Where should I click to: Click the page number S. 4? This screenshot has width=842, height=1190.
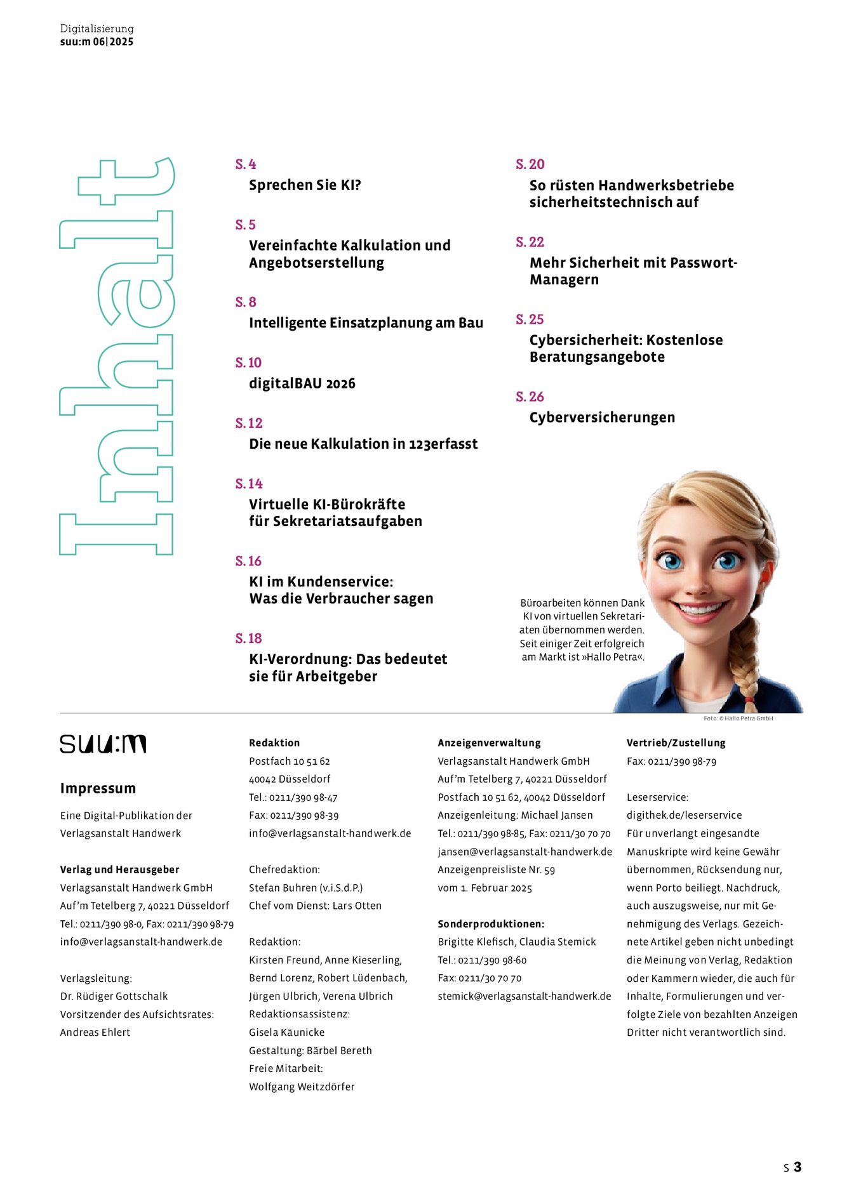tap(245, 164)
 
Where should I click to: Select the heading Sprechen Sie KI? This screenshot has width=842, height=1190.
tap(305, 185)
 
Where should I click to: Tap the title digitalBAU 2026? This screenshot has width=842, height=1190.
tap(302, 383)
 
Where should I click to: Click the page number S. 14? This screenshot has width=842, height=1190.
tap(248, 484)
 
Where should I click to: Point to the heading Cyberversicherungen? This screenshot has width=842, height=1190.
tap(602, 418)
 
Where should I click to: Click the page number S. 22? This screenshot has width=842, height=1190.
tap(530, 242)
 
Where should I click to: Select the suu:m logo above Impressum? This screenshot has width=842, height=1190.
tap(103, 744)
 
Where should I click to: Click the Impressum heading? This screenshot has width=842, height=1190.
tap(98, 788)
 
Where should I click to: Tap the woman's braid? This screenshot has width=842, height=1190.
tap(747, 660)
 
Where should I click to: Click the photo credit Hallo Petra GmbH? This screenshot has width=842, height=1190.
tap(738, 718)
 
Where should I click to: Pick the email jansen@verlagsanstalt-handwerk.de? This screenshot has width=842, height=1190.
tap(525, 852)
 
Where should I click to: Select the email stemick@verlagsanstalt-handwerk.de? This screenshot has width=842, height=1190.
tap(524, 996)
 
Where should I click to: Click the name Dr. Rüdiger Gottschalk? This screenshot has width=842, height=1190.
tap(114, 996)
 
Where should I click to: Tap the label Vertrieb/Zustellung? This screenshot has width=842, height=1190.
tap(676, 743)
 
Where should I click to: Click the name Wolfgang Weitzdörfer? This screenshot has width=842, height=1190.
tap(302, 1087)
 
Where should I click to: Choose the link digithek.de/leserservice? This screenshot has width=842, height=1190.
tap(684, 815)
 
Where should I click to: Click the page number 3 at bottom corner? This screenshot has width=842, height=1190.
tap(797, 1167)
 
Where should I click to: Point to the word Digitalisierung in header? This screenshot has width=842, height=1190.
tap(97, 29)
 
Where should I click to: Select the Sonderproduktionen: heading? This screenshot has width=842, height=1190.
tap(491, 924)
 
